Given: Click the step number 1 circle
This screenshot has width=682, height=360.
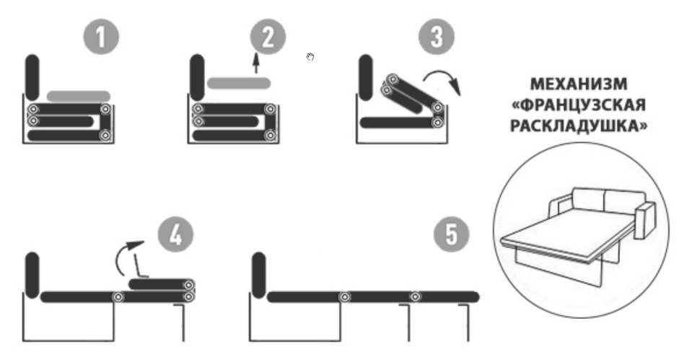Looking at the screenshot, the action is [x=101, y=37].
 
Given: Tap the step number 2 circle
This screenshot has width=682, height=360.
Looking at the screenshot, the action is [x=268, y=37].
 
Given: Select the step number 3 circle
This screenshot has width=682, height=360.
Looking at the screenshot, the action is [x=436, y=37].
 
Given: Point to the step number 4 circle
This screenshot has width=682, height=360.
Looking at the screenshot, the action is [x=175, y=235].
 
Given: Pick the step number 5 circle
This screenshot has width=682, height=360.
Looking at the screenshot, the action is [x=452, y=235].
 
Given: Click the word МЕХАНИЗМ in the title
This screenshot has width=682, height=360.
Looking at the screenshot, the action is [x=579, y=84].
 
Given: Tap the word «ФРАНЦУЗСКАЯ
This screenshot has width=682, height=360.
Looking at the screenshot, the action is [x=579, y=105].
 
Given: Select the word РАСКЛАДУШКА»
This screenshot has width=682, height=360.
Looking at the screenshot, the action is [x=579, y=126].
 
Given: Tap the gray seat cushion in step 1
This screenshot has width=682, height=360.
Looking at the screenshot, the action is [x=78, y=96].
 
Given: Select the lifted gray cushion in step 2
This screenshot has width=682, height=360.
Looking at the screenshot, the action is [x=239, y=83].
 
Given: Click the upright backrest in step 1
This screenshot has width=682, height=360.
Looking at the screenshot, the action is [x=32, y=77].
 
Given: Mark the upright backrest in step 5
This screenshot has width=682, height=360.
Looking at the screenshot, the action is [x=258, y=275].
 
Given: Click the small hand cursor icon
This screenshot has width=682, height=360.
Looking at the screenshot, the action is [x=310, y=57].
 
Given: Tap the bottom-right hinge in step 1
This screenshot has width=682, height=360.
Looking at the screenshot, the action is [x=105, y=136].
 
